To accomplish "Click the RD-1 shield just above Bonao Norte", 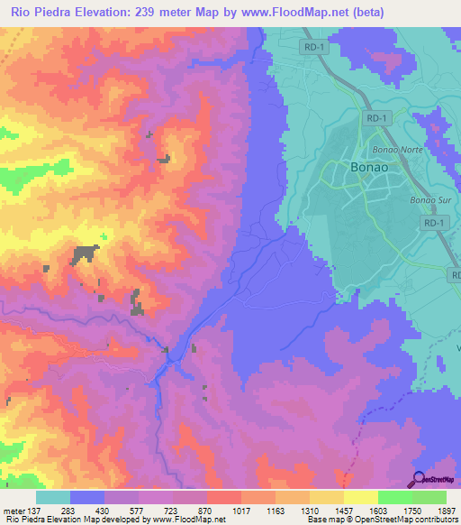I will point(376,117).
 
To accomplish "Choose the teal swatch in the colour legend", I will point(53,498).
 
